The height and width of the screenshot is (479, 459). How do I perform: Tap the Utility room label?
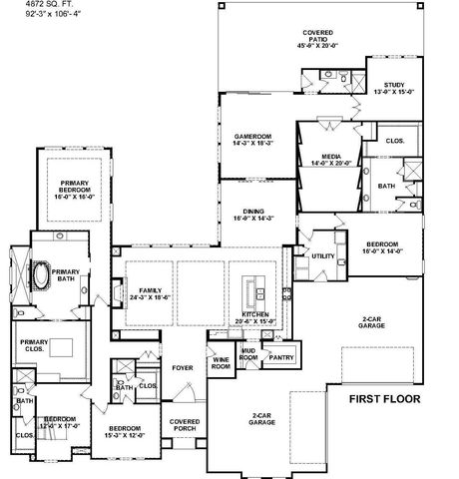[x=323, y=256]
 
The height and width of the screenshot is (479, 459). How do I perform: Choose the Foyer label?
[x=181, y=367]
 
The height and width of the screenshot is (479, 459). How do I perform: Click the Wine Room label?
[x=221, y=362]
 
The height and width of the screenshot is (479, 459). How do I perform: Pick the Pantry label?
[x=280, y=356]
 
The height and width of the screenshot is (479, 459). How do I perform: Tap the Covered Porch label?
[x=184, y=426]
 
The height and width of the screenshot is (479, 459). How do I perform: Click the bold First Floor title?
[x=384, y=399]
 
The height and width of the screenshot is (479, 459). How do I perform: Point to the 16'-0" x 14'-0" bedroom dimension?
[x=382, y=251]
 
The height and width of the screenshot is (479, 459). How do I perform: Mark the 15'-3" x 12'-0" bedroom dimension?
[x=126, y=436]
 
